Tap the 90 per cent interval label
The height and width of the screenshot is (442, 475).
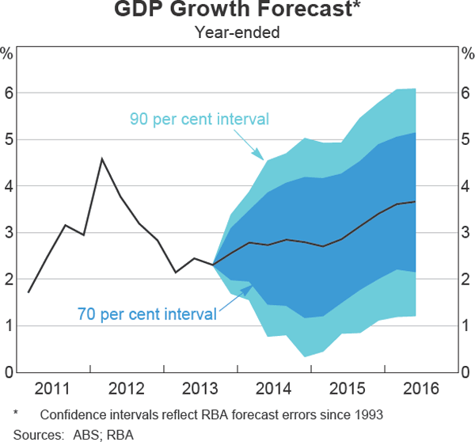tap(199, 120)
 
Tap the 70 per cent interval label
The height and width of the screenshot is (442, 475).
tap(146, 314)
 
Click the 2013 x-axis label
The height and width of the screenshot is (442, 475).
tap(200, 388)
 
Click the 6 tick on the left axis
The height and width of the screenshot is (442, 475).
tap(8, 93)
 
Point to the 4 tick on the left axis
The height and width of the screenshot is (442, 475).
tap(8, 186)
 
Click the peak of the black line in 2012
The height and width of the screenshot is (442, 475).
tap(101, 159)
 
